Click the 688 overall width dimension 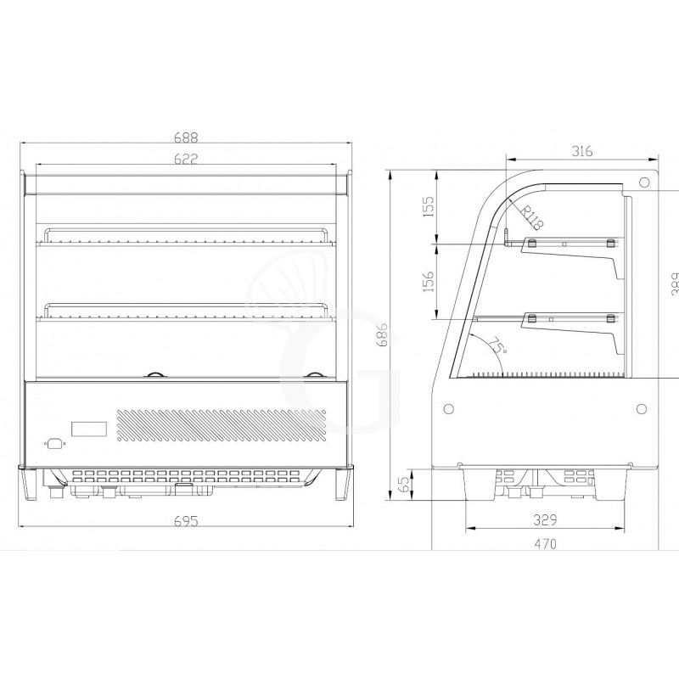(188, 135)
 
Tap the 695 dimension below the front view (188, 521)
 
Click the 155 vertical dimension (429, 207)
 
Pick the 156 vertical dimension (429, 281)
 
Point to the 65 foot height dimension (405, 485)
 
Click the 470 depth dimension (547, 545)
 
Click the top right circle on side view (644, 182)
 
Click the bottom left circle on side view (447, 408)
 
